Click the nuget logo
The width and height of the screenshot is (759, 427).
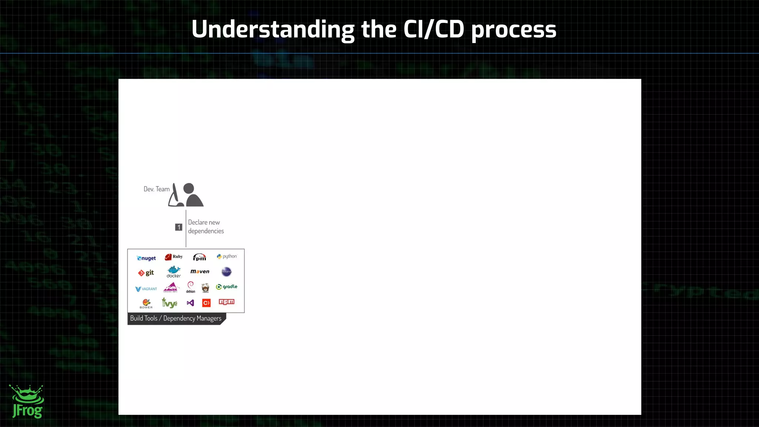tap(146, 258)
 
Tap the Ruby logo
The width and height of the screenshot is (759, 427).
tap(173, 257)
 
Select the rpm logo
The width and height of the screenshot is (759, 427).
tap(199, 257)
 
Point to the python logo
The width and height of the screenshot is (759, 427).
tap(226, 256)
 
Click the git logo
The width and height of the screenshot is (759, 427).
tap(146, 273)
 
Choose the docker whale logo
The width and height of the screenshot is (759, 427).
tap(173, 271)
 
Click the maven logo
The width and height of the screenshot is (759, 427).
tap(200, 271)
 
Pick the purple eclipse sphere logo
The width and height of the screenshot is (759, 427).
tap(226, 271)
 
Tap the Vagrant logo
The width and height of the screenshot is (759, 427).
tap(146, 289)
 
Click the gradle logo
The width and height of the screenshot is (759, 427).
tap(226, 287)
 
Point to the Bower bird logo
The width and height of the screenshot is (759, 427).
tap(146, 303)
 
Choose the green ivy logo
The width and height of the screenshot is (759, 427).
tap(169, 303)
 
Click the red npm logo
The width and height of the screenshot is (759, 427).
tap(226, 302)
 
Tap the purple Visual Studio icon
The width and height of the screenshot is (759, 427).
tap(190, 303)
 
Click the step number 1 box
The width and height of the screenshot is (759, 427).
tap(179, 227)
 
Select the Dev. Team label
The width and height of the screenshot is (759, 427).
tap(156, 189)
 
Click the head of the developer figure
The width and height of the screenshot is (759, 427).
tap(189, 188)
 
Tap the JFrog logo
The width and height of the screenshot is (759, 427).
tap(27, 402)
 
